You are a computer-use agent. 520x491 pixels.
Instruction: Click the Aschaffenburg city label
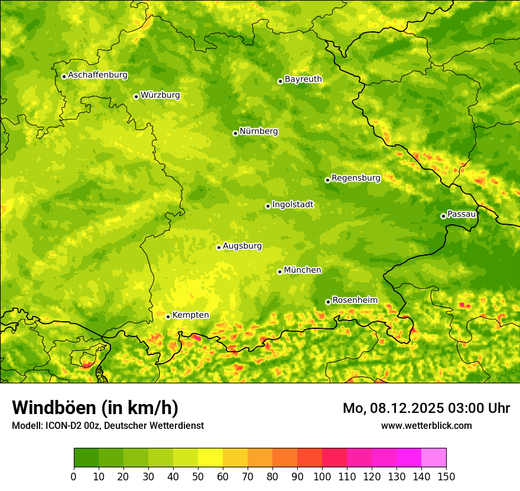pos(97,75)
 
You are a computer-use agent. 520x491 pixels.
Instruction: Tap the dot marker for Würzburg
pos(136,96)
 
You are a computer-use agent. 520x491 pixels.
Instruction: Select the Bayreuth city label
pos(303,79)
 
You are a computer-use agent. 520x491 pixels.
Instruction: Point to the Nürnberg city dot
pos(235,133)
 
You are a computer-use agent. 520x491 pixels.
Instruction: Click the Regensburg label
pos(356,178)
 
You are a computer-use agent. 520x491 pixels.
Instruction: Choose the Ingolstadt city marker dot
pos(268,206)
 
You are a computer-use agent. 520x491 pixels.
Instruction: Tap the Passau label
pos(461,214)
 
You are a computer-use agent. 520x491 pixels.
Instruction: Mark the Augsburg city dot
pos(219,247)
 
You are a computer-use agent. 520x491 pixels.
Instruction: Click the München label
pos(303,270)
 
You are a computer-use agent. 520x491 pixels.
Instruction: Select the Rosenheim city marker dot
pos(328,302)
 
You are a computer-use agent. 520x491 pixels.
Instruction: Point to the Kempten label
pos(190,315)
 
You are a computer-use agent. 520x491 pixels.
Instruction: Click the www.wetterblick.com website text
pos(426,425)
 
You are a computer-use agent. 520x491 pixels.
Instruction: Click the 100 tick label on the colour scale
pos(322,476)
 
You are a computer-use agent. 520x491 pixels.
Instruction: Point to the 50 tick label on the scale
pos(198,476)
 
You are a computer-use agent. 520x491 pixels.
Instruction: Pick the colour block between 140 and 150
pos(434,458)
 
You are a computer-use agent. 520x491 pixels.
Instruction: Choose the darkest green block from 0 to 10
pos(86,458)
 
